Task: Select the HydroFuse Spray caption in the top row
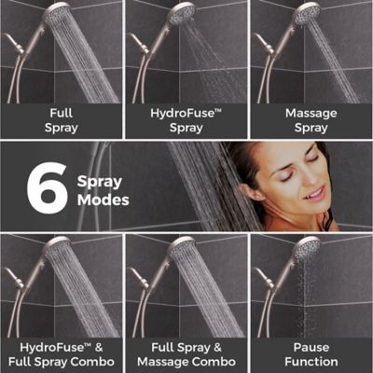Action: coord(186,120)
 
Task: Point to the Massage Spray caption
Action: coord(311,120)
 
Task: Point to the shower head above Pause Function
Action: coord(307,249)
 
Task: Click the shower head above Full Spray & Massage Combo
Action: coord(182,249)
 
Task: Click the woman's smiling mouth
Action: coord(315,194)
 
